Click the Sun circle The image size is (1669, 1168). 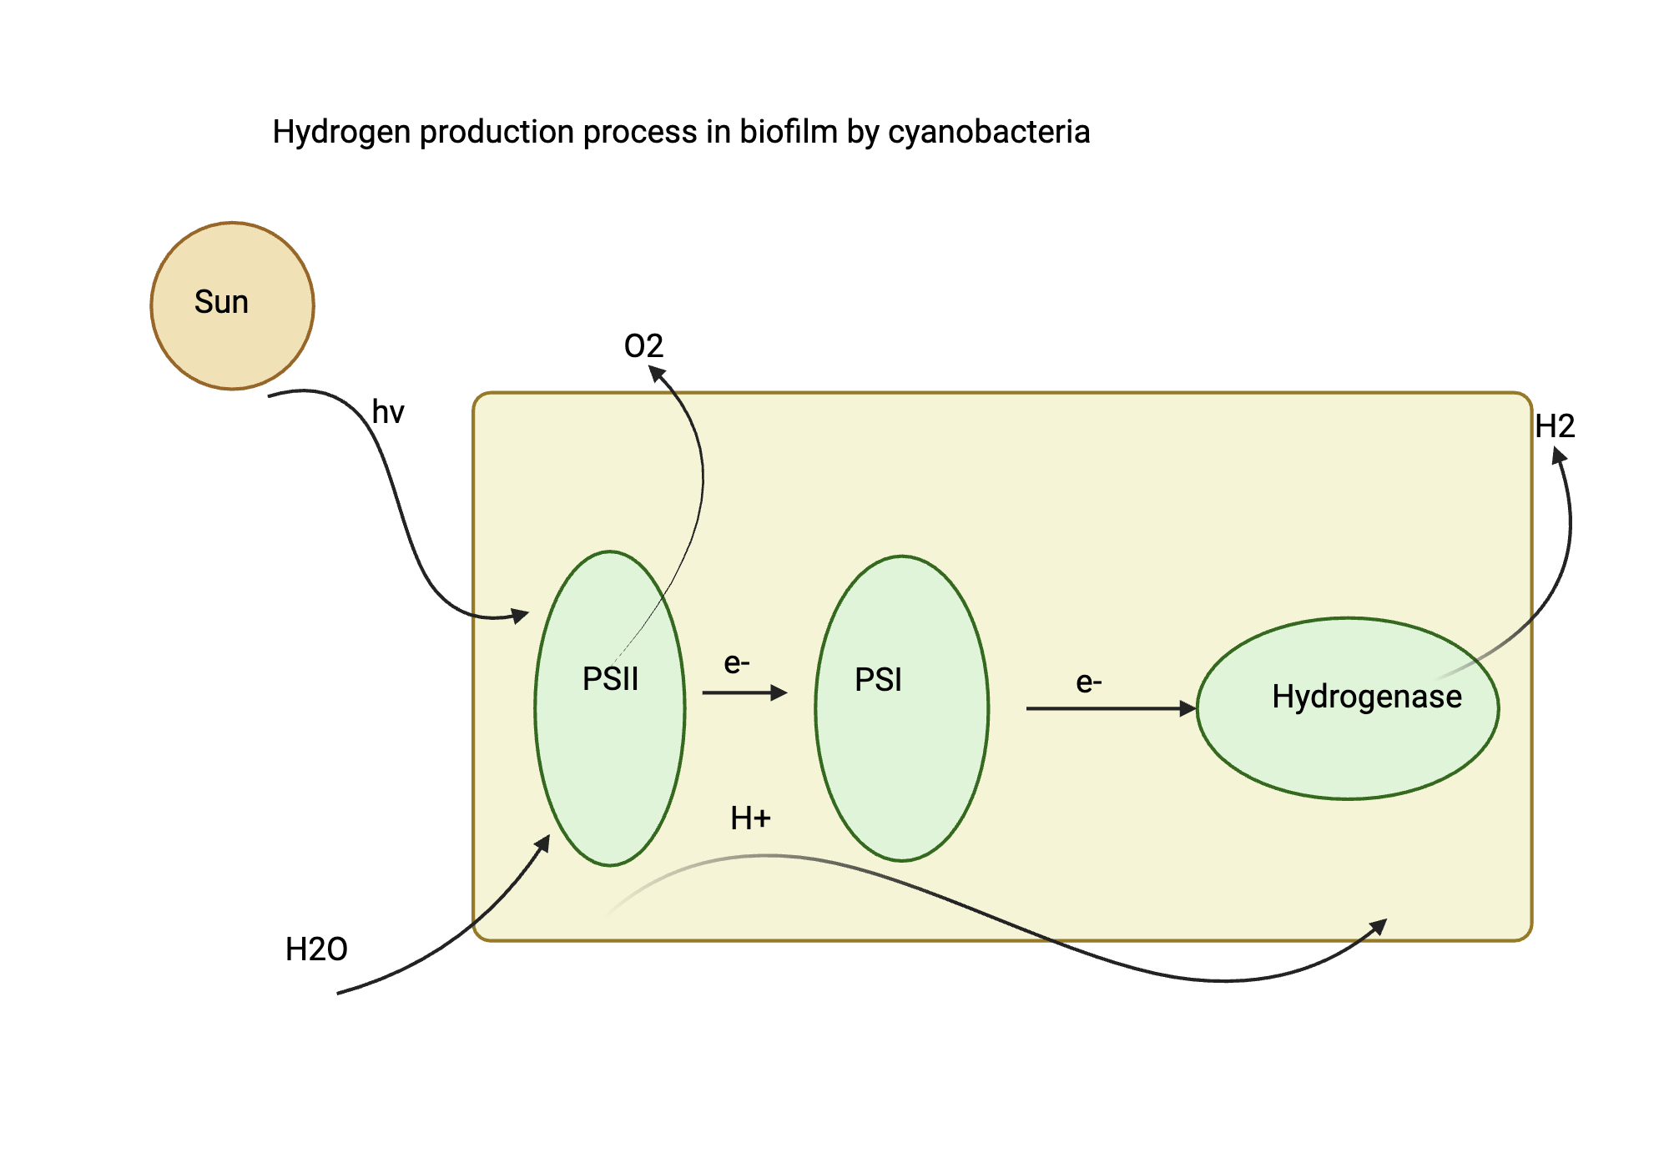pos(232,305)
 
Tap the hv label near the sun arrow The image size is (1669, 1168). pos(388,412)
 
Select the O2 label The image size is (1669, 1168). pos(643,346)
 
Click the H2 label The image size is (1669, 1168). pos(1555,427)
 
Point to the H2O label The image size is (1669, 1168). pos(316,949)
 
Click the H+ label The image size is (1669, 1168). pos(750,818)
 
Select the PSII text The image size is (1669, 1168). pos(610,679)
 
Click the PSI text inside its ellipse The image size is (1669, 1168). pos(878,680)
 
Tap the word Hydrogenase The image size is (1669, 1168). pos(1366,697)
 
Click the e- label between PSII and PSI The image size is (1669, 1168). pos(737,663)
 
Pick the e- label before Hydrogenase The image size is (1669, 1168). pos(1089,682)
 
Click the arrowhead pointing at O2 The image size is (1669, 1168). pos(658,374)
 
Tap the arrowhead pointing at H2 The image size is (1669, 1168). pos(1559,456)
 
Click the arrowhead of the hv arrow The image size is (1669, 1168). pos(521,616)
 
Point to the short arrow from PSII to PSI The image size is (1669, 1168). pos(743,692)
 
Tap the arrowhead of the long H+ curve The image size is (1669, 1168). pos(1379,926)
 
